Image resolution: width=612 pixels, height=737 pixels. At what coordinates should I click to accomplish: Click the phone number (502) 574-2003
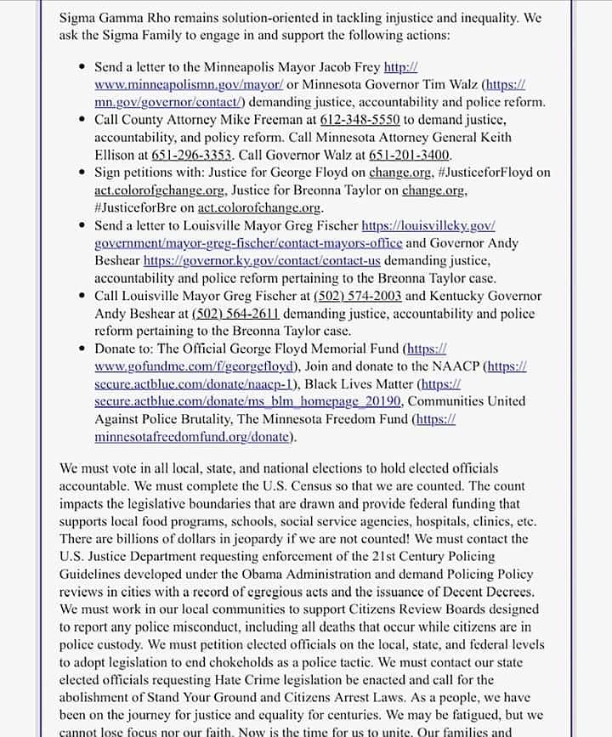point(357,296)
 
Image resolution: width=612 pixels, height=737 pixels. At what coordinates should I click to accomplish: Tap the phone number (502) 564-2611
point(235,314)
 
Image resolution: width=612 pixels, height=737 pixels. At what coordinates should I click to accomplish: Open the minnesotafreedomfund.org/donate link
point(194,437)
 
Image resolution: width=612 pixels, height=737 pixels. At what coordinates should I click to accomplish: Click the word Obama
point(303,574)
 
